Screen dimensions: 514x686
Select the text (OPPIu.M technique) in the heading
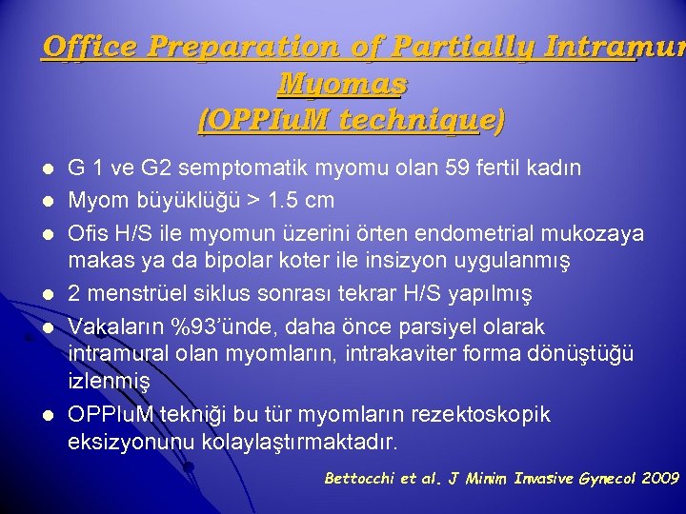(x=350, y=121)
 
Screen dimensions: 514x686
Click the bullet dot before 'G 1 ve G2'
(x=49, y=170)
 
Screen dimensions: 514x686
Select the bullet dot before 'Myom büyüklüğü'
(x=49, y=202)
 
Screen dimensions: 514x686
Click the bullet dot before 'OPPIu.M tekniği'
(x=49, y=416)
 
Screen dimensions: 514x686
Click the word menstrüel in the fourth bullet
(x=128, y=292)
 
